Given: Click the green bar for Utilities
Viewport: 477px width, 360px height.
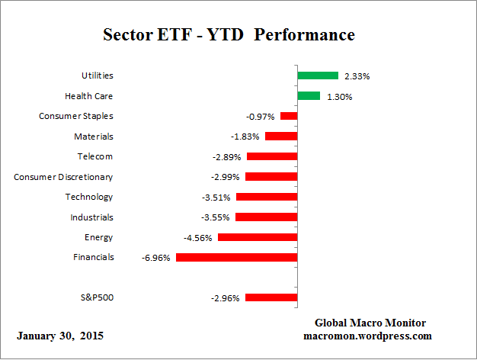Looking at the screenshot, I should [x=317, y=76].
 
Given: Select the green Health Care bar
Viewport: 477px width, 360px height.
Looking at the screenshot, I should [x=309, y=96].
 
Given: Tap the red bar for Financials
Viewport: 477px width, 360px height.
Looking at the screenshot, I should [x=236, y=257].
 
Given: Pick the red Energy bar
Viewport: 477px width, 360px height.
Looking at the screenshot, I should [x=257, y=237].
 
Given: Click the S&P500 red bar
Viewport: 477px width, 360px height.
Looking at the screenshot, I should [x=271, y=297].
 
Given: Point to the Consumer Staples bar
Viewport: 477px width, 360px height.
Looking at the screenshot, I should [x=288, y=116].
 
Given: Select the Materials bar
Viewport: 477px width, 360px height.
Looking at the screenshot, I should [x=280, y=137].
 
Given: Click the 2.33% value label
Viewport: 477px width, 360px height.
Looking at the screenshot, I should [x=357, y=76].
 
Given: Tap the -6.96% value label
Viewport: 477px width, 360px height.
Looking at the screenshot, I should [x=156, y=258].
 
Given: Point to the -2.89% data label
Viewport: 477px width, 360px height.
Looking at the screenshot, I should [x=226, y=157].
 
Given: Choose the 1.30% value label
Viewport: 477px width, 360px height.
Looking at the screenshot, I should [x=339, y=97].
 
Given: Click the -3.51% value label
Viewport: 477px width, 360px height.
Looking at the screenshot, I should [x=217, y=198].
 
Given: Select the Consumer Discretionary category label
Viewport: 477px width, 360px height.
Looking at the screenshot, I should [x=63, y=177].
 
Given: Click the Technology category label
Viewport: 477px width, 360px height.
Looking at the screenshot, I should [x=89, y=197].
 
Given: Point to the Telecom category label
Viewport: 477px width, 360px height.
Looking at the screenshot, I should [x=95, y=156].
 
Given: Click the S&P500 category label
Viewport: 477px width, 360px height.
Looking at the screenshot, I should [x=97, y=297].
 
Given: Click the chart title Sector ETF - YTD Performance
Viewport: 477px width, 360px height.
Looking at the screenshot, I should [x=229, y=35].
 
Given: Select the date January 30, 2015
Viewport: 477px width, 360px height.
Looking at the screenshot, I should [x=60, y=336].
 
